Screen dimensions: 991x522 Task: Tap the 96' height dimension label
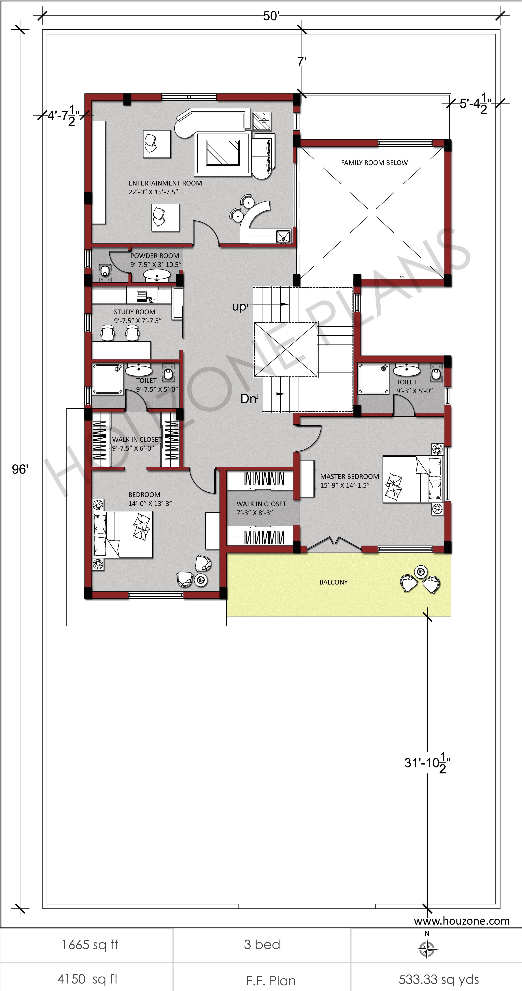pos(20,469)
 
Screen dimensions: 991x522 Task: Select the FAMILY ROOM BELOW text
pos(374,163)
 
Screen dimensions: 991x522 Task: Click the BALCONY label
pos(333,582)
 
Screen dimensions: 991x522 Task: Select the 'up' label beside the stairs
pos(239,307)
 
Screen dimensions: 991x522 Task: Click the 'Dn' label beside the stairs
pos(248,399)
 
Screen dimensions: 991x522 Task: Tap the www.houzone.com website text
pos(462,921)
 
